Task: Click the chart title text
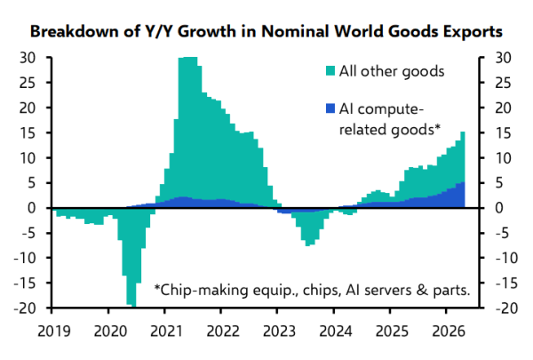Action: pos(266,31)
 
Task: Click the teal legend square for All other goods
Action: pos(330,71)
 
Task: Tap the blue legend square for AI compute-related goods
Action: pos(330,108)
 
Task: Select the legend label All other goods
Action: pos(392,71)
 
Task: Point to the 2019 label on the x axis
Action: pos(54,331)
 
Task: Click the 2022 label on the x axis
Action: pos(223,331)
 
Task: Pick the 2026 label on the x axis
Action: pos(449,331)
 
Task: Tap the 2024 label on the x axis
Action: pos(336,331)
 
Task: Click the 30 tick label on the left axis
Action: pos(28,58)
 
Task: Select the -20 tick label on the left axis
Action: pos(25,308)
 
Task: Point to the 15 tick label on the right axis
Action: pos(503,133)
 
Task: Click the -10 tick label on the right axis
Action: pos(506,258)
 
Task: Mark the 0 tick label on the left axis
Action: pos(32,208)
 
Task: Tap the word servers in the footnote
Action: pos(386,291)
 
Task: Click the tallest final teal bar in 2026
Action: pos(463,156)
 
